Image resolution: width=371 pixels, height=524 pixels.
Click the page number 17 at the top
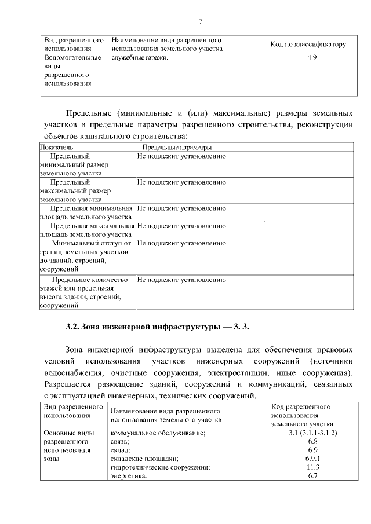[x=198, y=22]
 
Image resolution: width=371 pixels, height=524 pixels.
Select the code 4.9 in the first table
[x=311, y=57]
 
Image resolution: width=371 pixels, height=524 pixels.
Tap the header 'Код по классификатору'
[x=308, y=45]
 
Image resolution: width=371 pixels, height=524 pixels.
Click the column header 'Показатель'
[x=56, y=148]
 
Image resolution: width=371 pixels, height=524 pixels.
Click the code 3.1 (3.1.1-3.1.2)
[x=312, y=433]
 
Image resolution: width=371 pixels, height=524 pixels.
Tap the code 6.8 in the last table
[x=312, y=441]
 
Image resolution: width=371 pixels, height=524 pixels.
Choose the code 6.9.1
[x=312, y=459]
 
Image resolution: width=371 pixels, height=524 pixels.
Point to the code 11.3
[x=312, y=467]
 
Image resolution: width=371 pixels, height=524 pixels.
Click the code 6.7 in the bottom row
[x=312, y=476]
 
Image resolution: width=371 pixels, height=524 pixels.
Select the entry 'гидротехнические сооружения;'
[x=159, y=467]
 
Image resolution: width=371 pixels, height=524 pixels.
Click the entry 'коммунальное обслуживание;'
[x=158, y=433]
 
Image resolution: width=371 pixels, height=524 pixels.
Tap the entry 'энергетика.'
[x=129, y=476]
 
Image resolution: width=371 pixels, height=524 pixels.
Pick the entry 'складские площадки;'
[x=144, y=459]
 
